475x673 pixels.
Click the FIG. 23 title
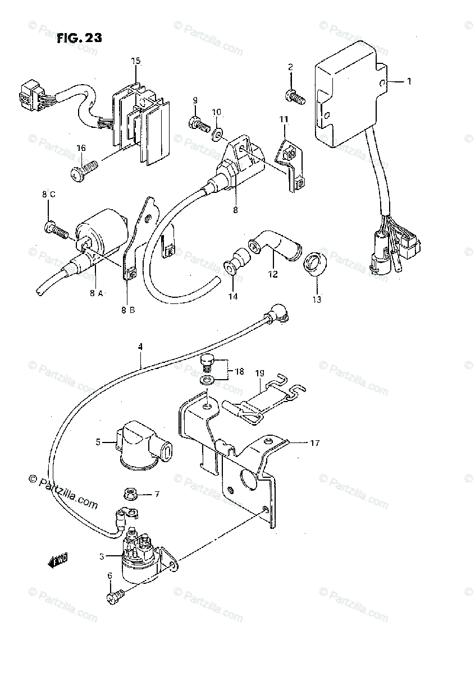coord(79,39)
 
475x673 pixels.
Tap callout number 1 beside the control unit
coord(409,81)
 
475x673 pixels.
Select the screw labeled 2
coord(296,97)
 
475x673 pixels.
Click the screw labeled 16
coord(84,169)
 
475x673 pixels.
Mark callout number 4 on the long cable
coord(140,347)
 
